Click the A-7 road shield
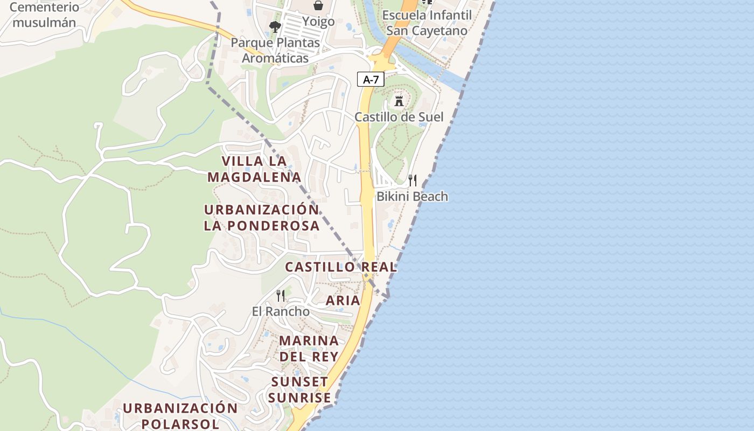371,80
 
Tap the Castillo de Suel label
399,117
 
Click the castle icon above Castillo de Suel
399,101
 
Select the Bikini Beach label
412,196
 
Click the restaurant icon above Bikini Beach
413,180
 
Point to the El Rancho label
281,311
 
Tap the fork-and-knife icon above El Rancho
281,295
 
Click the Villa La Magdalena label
254,169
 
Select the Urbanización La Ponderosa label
262,218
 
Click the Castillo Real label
341,267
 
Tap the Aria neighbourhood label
343,301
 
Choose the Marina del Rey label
309,348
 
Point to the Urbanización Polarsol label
180,415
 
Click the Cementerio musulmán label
44,15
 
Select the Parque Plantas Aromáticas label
275,50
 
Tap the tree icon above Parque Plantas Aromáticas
275,26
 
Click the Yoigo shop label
318,22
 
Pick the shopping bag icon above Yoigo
318,5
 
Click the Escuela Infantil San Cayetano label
427,23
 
